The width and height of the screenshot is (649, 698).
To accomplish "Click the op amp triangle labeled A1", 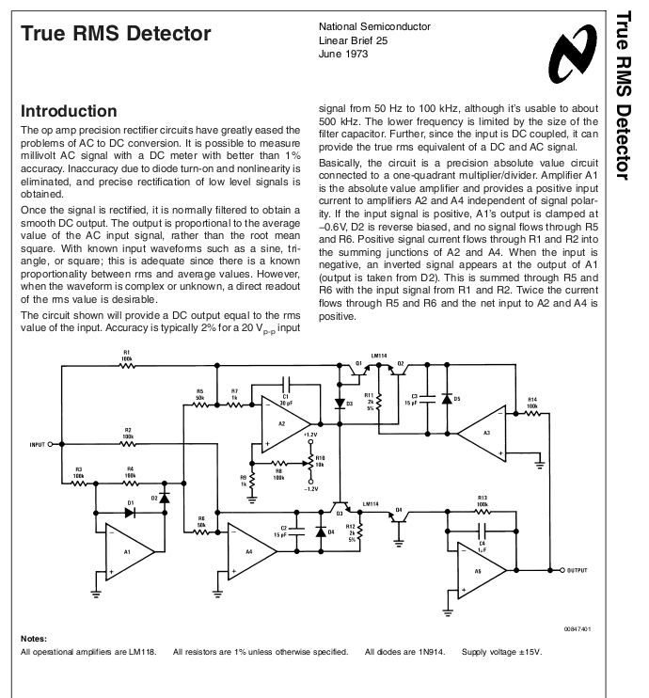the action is click(129, 552).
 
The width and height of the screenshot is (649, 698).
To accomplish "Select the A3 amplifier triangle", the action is click(483, 433).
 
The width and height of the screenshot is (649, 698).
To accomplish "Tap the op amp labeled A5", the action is click(483, 570).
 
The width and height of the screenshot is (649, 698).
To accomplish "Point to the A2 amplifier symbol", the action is click(285, 424).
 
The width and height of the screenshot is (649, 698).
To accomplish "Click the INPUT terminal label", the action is click(38, 444).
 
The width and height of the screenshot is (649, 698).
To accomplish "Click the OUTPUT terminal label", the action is click(578, 570).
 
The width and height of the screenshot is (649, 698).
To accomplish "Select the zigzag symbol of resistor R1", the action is click(127, 366).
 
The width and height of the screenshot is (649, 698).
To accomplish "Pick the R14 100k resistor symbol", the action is click(532, 414).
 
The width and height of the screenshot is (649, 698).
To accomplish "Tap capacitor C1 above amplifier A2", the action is click(286, 383).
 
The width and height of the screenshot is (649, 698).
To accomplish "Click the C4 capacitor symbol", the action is click(483, 531).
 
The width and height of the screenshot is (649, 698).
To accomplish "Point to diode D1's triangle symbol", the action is click(130, 513).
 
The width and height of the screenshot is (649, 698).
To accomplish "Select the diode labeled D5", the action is click(447, 399).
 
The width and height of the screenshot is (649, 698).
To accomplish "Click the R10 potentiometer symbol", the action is click(310, 464).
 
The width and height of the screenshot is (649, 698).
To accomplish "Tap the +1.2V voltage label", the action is click(310, 435).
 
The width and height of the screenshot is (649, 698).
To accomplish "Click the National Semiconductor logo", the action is click(574, 54).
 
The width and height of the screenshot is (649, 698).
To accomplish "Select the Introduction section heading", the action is click(69, 111).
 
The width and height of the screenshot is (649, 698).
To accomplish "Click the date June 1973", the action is click(343, 54).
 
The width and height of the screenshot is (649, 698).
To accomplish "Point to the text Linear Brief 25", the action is click(353, 40).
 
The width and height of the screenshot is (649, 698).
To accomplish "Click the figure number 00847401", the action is click(578, 629).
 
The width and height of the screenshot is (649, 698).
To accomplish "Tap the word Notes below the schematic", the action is click(33, 639).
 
